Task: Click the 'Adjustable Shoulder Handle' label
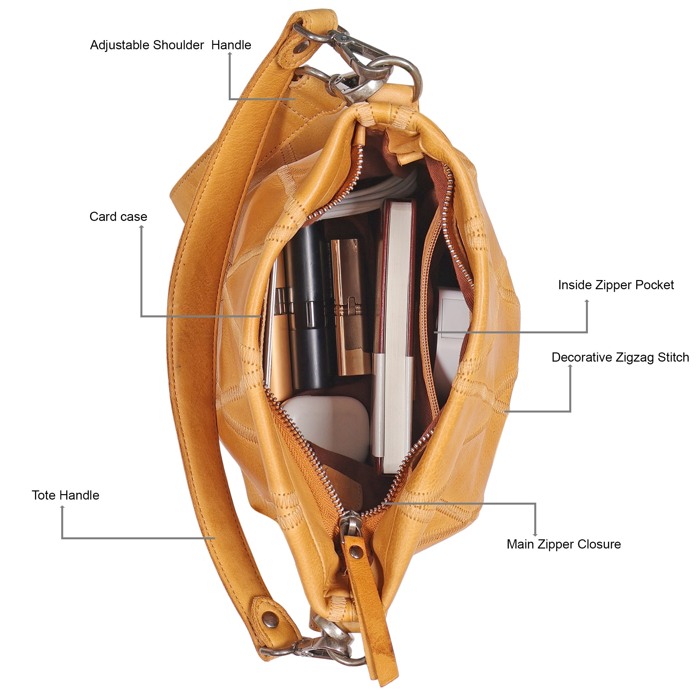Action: pyautogui.click(x=170, y=46)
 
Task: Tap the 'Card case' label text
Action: pyautogui.click(x=118, y=216)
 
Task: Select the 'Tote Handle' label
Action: pyautogui.click(x=65, y=495)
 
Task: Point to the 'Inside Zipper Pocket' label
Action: pyautogui.click(x=616, y=285)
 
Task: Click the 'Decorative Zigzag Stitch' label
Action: pyautogui.click(x=620, y=358)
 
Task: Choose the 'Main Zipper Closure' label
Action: pyautogui.click(x=564, y=544)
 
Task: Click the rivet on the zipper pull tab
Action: pyautogui.click(x=356, y=551)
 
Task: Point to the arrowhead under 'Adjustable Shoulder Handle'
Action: pyautogui.click(x=229, y=54)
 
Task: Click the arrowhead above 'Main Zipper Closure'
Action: pyautogui.click(x=535, y=535)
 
